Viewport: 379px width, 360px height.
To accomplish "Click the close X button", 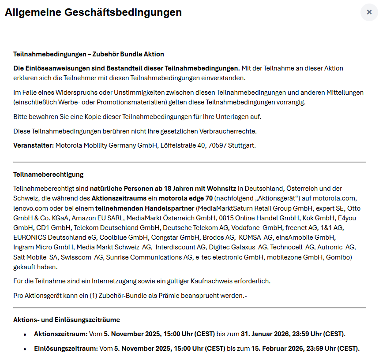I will click(369, 12).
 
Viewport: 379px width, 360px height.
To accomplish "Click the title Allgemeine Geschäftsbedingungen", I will click(93, 12).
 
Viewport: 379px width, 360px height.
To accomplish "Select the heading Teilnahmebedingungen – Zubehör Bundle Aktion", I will click(89, 54).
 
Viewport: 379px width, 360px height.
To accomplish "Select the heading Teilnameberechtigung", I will click(49, 174).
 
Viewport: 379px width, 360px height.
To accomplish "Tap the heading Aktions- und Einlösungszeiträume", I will click(67, 319).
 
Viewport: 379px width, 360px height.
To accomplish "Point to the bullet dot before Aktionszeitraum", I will click(25, 334).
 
